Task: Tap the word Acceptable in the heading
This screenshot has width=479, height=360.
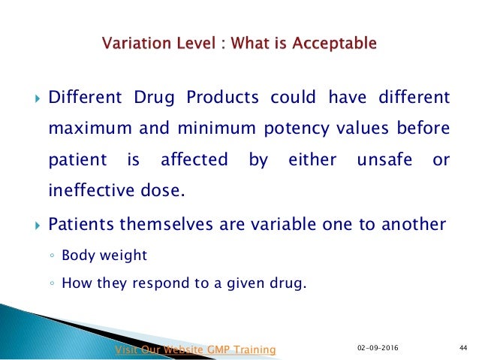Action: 329,44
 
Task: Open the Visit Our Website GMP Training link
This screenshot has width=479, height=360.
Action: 194,349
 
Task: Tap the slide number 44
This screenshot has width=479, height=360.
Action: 462,346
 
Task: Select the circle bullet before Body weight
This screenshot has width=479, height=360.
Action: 52,256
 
